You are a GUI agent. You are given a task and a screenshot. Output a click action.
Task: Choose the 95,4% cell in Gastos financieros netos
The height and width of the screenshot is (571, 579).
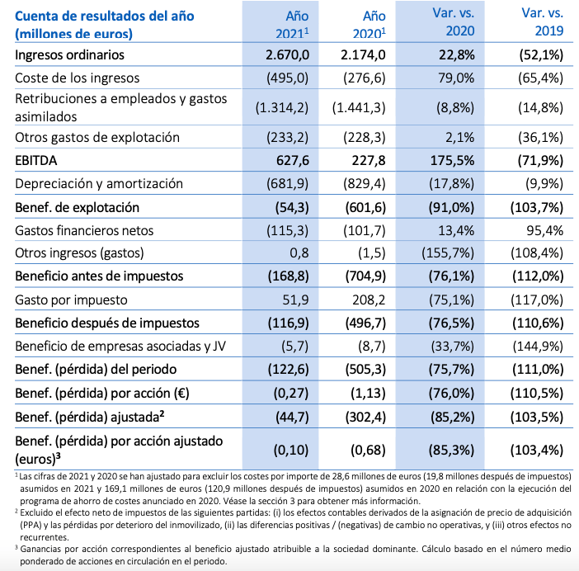click(544, 230)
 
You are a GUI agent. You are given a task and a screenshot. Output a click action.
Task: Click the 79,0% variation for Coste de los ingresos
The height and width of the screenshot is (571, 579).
click(454, 78)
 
